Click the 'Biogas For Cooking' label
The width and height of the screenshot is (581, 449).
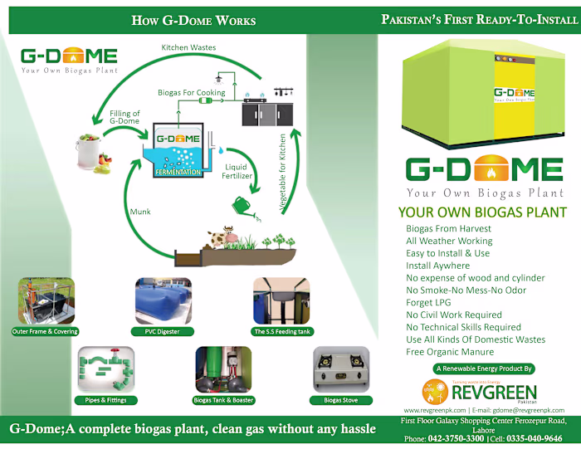point(190,93)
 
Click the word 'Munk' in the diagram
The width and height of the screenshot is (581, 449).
point(140,212)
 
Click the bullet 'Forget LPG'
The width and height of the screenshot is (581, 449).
point(432,302)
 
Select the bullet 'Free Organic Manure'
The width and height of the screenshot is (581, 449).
point(450,352)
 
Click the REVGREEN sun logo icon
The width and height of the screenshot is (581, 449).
point(436,390)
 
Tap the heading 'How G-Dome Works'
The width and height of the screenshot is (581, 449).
point(193,20)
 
